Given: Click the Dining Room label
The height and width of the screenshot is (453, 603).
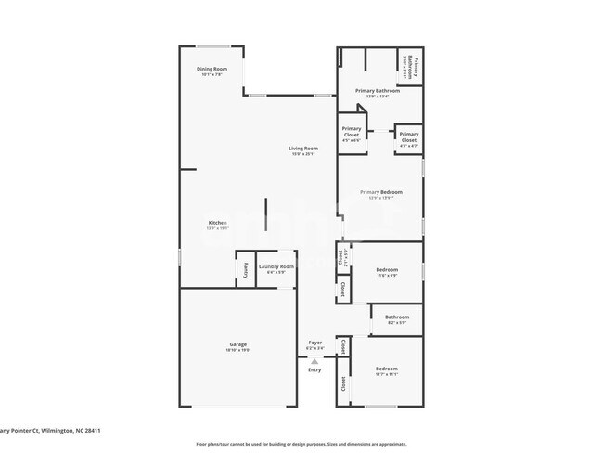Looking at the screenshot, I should [212, 69].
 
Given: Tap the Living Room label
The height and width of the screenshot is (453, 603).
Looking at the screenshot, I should [302, 149].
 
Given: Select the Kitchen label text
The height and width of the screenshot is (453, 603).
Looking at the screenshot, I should [217, 223].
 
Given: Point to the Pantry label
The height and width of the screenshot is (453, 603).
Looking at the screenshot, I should [245, 270].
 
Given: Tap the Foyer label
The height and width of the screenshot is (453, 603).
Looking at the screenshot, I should [315, 343].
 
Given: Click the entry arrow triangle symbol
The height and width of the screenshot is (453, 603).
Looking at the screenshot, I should [314, 361].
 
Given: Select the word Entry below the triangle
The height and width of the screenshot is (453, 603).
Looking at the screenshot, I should [314, 370].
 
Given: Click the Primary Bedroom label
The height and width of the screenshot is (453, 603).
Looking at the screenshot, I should [381, 192].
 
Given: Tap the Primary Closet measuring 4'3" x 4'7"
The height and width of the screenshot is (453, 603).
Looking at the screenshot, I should [408, 137].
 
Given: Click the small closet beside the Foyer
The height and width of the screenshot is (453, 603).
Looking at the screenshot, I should [342, 346].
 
